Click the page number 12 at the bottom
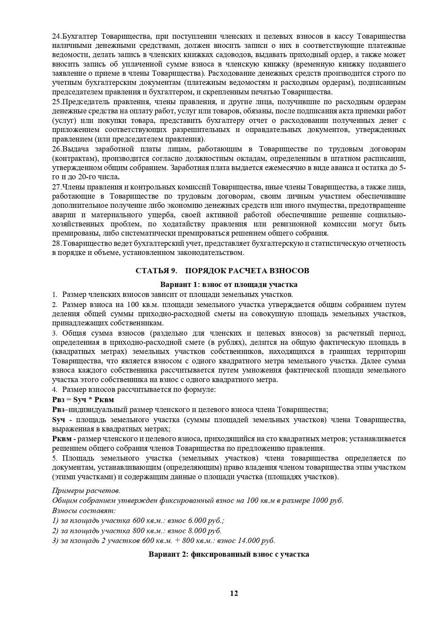234,593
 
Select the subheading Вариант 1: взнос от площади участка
229,285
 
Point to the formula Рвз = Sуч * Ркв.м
83,400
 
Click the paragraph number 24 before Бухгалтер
56,36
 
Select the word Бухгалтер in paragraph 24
79,36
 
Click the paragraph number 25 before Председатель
56,102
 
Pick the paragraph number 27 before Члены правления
56,187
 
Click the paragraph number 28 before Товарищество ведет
56,243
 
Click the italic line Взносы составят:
84,510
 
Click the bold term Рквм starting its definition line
62,439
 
